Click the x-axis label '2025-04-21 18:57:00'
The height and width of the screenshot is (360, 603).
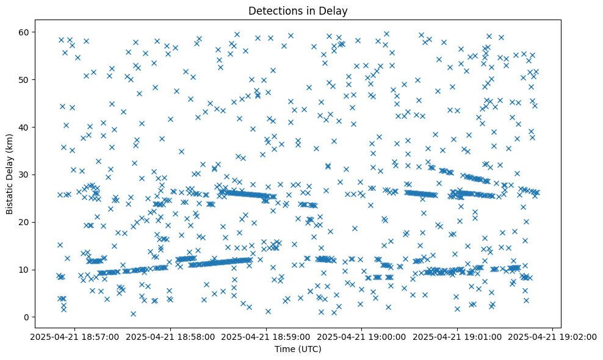tap(75, 337)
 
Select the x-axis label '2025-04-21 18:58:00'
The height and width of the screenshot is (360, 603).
tap(171, 337)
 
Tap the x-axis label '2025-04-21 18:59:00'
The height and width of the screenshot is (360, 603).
tap(267, 337)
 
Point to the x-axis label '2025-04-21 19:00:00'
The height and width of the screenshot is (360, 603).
tap(362, 337)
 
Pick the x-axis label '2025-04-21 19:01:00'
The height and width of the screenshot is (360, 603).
tap(458, 337)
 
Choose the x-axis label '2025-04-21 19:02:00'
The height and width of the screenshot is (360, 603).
tap(553, 337)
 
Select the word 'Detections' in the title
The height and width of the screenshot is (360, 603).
tap(272, 10)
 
